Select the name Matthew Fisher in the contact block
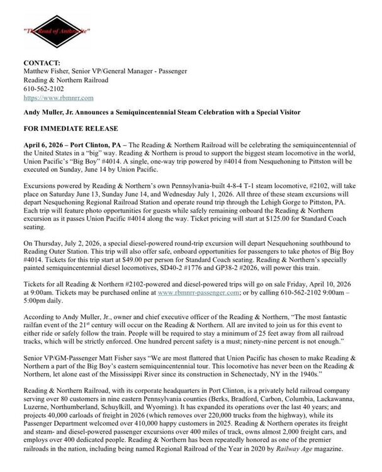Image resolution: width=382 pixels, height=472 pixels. tap(49, 72)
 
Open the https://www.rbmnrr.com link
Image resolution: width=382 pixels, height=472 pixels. tap(59, 98)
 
